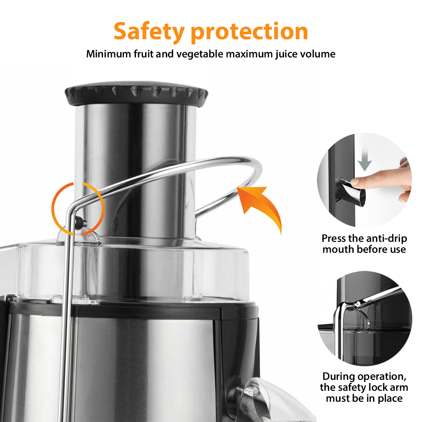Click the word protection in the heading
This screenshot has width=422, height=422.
[249, 32]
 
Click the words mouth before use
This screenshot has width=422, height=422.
[364, 249]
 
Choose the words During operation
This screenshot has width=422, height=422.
[364, 376]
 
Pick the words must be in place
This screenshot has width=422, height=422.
[364, 398]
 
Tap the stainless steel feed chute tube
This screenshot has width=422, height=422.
[135, 169]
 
